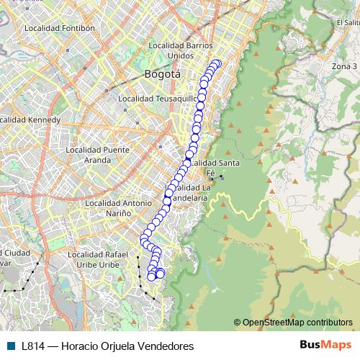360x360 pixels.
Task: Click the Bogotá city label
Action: point(163,74)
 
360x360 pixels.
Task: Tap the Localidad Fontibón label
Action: point(60,28)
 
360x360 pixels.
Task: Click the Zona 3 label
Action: point(344,66)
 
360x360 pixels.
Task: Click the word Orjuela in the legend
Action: point(112,346)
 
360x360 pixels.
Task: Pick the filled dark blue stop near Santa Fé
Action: point(189,154)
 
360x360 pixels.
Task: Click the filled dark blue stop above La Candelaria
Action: point(168,193)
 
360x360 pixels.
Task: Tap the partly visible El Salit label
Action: point(348,22)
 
